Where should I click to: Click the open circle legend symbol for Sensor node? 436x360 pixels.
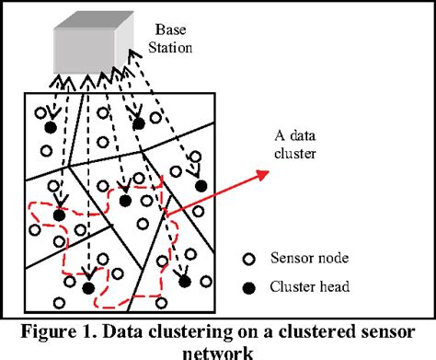tap(247, 259)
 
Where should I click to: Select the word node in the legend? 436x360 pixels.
tap(322, 259)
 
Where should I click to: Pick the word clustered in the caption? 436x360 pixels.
tap(324, 328)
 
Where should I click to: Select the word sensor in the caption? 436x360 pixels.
tap(395, 328)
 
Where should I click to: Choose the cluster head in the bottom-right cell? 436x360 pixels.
tap(183, 280)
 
